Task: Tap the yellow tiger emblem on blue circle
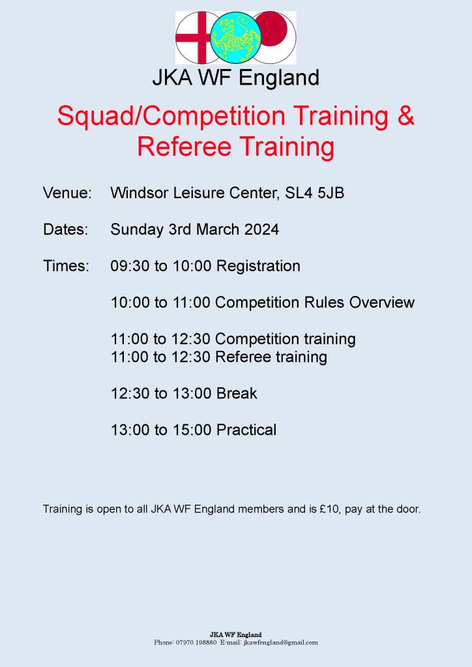coord(235,38)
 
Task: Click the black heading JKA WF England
coord(235,78)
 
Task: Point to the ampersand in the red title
coord(406,116)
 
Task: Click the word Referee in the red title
coord(177,147)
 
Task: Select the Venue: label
coord(67,193)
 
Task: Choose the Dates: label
coord(65,230)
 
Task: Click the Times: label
coord(66,266)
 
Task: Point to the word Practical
coord(246,430)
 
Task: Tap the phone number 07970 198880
coord(196,642)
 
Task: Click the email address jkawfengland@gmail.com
coord(280,642)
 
